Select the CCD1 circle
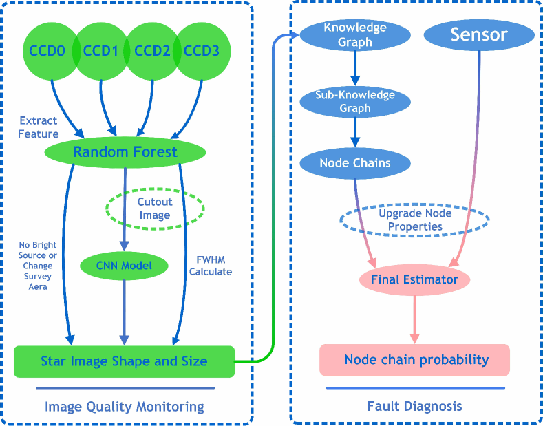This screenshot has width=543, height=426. point(100,50)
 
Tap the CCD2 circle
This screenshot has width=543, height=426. point(151,50)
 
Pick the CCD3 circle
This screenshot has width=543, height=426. point(202,50)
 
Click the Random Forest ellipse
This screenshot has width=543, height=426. point(125,151)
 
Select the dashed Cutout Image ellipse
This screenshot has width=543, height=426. point(154,208)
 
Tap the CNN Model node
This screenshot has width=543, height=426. point(124,264)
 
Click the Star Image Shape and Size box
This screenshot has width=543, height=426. point(124,361)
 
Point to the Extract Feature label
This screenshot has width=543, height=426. point(39,127)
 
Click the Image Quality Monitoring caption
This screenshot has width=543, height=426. point(124,407)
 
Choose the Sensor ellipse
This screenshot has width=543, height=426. point(479,35)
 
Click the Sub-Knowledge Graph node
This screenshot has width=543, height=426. point(355,101)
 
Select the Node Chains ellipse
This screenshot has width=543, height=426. point(355,163)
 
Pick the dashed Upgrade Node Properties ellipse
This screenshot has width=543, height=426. point(415,220)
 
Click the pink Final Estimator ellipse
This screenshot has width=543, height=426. point(414,279)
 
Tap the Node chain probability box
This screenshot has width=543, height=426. point(415,360)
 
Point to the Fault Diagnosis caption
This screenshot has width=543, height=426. point(415,406)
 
